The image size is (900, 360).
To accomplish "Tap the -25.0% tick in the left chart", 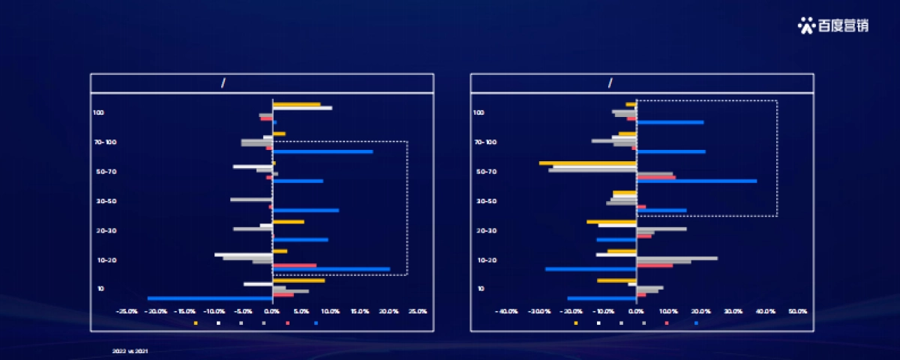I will pos(127,311).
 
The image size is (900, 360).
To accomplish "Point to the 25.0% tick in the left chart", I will pos(418,311).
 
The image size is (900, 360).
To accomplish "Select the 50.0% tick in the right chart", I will pos(797,311).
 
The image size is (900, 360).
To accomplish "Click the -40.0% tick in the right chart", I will pos(507,311).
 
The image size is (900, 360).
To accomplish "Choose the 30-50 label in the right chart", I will pos(486,201).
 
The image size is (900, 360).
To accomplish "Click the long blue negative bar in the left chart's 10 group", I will pos(210,298).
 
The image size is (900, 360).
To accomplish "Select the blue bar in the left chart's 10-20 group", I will pos(331,268).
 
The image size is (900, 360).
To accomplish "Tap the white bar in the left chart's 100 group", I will pos(302,108).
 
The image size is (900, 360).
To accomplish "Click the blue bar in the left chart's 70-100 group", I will pos(322,151).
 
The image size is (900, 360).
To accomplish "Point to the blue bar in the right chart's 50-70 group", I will pos(697,181).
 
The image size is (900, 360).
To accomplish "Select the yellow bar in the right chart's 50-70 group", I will pos(587,163).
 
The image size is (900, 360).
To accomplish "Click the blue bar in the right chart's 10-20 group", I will pos(591,268).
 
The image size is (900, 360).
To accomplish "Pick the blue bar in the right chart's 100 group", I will pos(670,122).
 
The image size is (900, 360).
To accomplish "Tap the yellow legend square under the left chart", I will pos(196,323).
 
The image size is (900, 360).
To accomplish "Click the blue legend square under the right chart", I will pos(697,323).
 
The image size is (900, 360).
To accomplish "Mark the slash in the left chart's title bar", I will pos(223,83).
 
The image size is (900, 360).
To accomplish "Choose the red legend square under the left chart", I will pos(287,323).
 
